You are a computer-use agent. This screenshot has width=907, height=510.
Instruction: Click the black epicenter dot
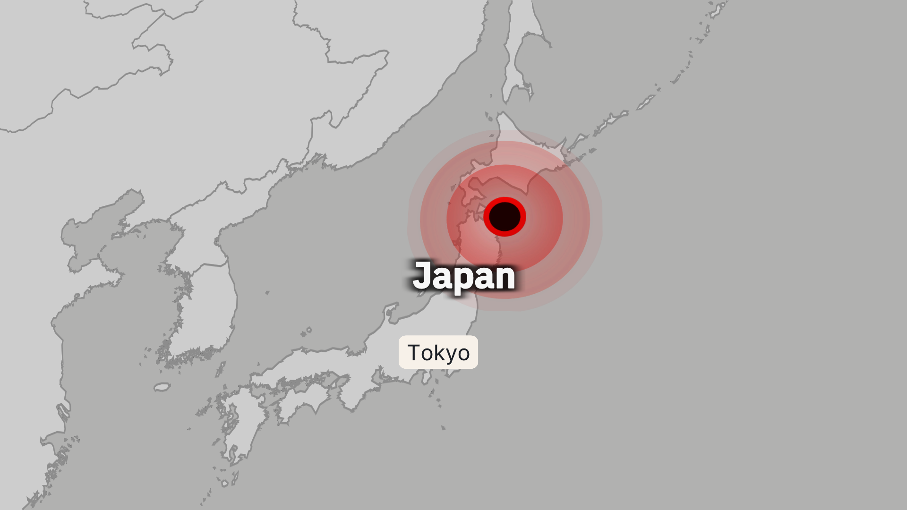tap(505, 217)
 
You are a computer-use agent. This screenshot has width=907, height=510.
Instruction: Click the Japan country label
tap(464, 277)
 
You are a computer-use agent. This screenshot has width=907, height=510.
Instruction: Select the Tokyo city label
tap(438, 352)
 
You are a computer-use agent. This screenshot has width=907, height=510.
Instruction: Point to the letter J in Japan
tap(422, 275)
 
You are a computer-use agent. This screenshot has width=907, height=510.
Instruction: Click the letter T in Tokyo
tap(413, 352)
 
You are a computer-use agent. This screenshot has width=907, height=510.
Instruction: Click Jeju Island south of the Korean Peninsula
tap(162, 387)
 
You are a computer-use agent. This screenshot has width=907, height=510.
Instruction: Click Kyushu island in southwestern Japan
tap(236, 425)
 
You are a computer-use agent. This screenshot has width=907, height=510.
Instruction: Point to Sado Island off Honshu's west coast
tap(391, 312)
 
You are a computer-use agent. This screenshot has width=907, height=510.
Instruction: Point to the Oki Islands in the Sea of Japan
tap(307, 331)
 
